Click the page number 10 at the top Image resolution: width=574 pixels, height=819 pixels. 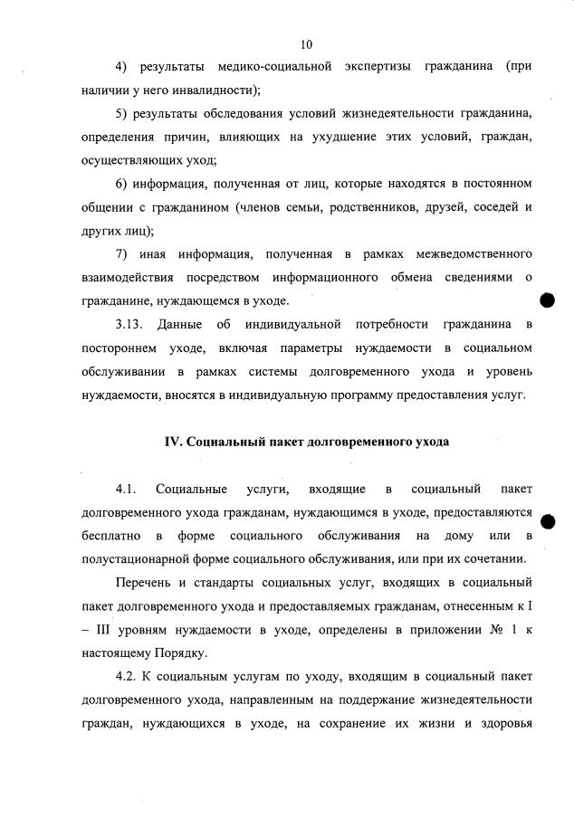click(x=306, y=43)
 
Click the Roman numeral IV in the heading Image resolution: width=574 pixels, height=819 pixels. click(x=172, y=443)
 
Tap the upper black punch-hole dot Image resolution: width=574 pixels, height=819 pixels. click(x=547, y=300)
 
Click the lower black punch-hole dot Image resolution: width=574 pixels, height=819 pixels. click(x=547, y=520)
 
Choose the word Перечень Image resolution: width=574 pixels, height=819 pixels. click(x=145, y=582)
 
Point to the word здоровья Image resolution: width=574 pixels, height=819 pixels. click(x=502, y=722)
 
